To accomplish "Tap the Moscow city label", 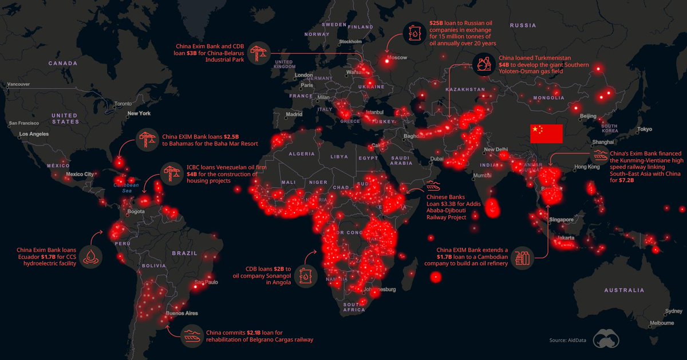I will click(x=397, y=58).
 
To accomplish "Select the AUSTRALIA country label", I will click(x=623, y=290).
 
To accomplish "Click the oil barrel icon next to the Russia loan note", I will click(x=413, y=34).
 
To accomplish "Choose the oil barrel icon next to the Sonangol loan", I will click(x=307, y=276).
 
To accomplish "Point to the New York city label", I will click(x=139, y=113).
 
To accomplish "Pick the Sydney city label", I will click(x=673, y=311).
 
